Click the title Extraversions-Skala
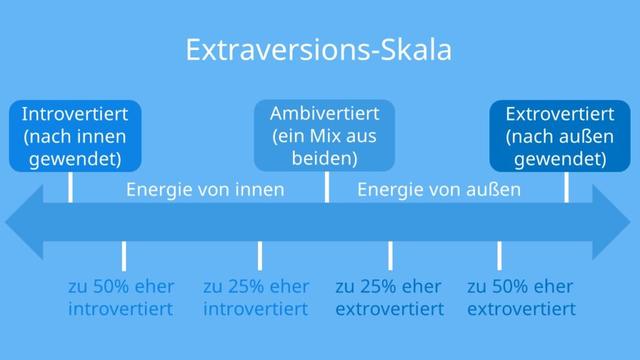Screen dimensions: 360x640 click(319, 50)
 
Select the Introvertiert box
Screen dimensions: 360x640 click(75, 135)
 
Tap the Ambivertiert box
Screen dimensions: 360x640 click(325, 135)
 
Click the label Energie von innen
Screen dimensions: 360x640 click(205, 189)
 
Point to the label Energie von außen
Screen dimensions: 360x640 click(439, 189)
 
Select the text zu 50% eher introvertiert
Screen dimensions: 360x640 click(120, 297)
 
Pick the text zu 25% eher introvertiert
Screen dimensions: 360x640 click(256, 297)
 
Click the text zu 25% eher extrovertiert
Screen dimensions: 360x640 click(389, 297)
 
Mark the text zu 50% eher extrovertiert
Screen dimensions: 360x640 click(521, 297)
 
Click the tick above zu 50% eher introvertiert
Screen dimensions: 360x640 click(124, 255)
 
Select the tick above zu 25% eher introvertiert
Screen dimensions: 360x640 click(259, 255)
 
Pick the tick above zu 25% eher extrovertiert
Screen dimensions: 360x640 click(391, 255)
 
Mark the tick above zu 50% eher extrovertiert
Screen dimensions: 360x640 click(499, 255)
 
